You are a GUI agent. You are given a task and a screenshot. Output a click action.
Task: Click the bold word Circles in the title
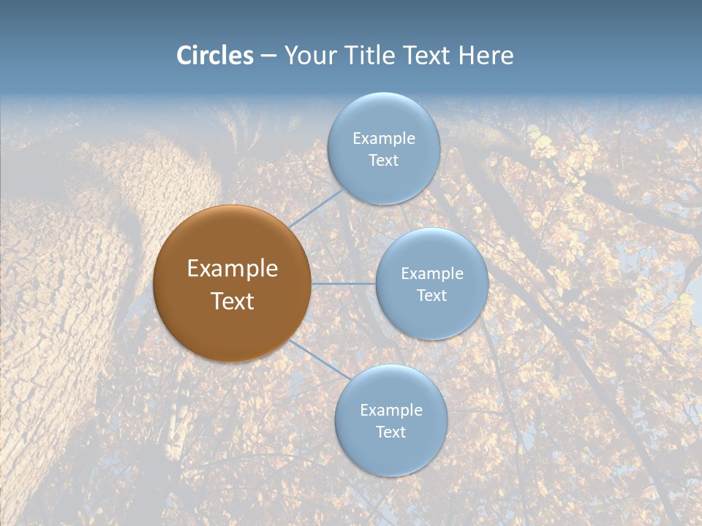(214, 56)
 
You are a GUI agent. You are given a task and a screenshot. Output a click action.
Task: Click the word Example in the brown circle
(233, 268)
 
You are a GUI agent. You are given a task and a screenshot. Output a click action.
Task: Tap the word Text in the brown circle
(233, 301)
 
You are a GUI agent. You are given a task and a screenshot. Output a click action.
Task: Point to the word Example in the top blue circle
(383, 138)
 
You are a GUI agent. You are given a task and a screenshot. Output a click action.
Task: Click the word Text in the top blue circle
(383, 160)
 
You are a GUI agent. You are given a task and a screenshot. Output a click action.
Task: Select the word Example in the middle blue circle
(432, 273)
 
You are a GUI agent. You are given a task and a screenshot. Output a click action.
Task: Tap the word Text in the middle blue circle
(432, 295)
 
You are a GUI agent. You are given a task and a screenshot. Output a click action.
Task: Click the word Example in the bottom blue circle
(390, 410)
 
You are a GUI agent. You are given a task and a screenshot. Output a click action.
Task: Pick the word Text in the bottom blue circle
(390, 432)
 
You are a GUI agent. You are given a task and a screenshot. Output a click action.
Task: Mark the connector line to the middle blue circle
(344, 283)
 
